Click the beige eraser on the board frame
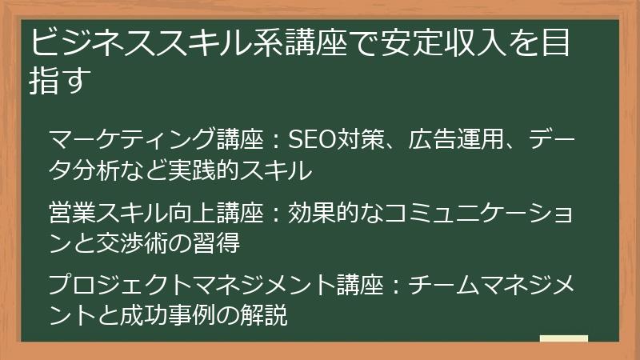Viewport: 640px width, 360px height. (x=564, y=338)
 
